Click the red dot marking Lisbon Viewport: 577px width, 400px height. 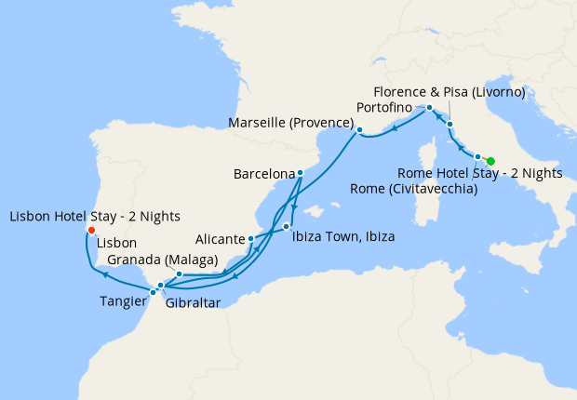[x=90, y=231]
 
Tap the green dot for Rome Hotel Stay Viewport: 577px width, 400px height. [x=490, y=161]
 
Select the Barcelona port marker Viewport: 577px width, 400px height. [x=300, y=173]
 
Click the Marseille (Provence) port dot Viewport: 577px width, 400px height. [x=359, y=129]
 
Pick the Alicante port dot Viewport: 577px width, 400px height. [x=250, y=239]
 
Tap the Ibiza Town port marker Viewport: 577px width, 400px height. [x=287, y=227]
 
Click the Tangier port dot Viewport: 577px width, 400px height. [x=154, y=292]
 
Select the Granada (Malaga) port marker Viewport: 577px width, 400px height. [x=178, y=274]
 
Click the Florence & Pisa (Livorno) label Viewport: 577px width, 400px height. [x=450, y=92]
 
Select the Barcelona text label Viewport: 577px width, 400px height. [x=264, y=174]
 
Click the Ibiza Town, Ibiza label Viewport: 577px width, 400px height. [x=343, y=237]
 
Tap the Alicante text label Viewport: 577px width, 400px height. [x=219, y=239]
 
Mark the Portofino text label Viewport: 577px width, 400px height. [x=384, y=109]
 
